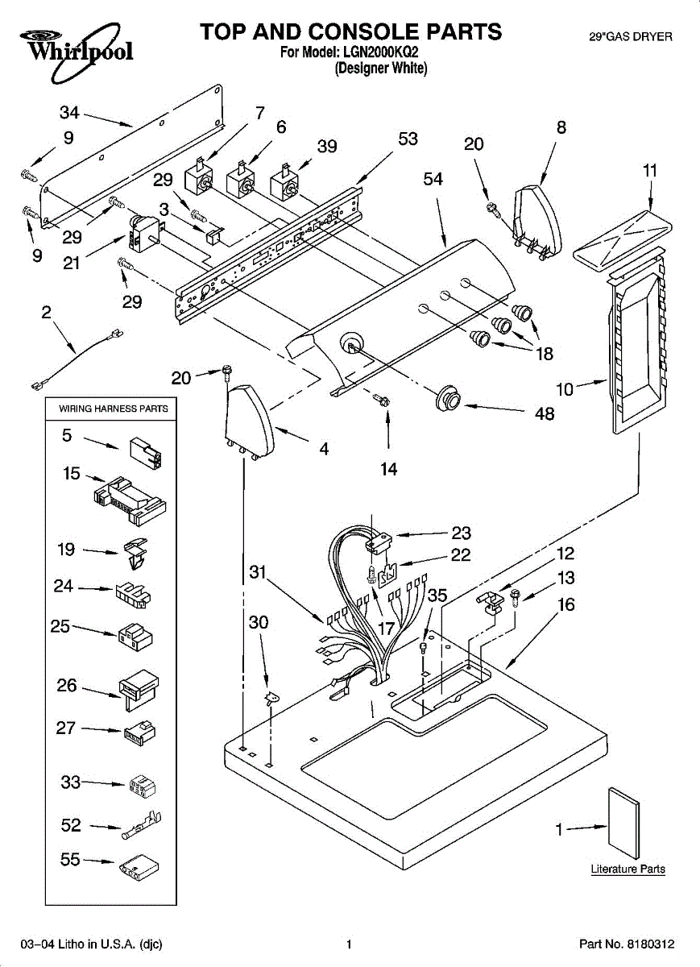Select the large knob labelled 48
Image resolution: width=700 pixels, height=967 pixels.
pyautogui.click(x=447, y=397)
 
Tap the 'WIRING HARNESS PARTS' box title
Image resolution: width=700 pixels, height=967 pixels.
pyautogui.click(x=114, y=409)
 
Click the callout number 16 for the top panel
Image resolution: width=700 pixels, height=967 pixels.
pyautogui.click(x=566, y=604)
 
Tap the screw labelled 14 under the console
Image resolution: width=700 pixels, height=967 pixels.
pyautogui.click(x=379, y=397)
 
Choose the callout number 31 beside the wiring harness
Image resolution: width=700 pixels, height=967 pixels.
pyautogui.click(x=258, y=571)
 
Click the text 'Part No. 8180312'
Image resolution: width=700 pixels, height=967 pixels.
pyautogui.click(x=626, y=944)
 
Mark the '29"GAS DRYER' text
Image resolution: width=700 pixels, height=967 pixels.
pyautogui.click(x=630, y=37)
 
